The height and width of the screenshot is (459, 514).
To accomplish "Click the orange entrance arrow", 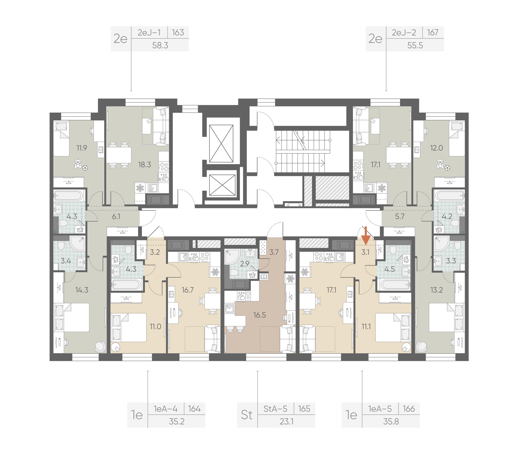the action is click(x=366, y=236).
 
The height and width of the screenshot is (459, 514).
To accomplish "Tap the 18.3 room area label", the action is click(x=145, y=165).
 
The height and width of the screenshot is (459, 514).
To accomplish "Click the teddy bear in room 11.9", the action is click(x=78, y=163).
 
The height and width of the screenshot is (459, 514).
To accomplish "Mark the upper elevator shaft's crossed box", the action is click(x=221, y=143).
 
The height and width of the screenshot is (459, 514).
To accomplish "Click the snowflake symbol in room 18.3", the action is click(x=140, y=188).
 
